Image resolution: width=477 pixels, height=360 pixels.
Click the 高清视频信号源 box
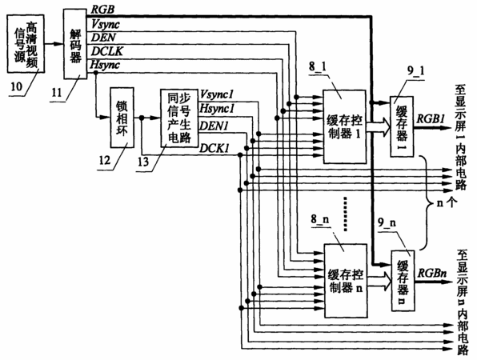[x=26, y=44]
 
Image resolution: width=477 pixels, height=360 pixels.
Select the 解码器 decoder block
[x=75, y=44]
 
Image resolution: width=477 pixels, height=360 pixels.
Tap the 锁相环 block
[x=122, y=118]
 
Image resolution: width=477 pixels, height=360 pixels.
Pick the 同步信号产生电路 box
[x=179, y=118]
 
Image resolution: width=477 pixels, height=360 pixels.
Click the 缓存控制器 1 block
[x=344, y=126]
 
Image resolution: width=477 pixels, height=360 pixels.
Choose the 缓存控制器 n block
[x=346, y=280]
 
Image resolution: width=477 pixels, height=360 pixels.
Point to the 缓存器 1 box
[x=402, y=126]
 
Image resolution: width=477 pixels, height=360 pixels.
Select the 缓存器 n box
[x=403, y=280]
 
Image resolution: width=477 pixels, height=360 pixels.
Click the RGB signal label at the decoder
[x=103, y=10]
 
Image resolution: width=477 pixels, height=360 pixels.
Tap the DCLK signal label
[x=107, y=51]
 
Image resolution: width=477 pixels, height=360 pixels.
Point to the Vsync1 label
[x=217, y=94]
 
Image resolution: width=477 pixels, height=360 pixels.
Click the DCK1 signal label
[x=214, y=148]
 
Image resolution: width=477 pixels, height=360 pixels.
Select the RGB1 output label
[x=430, y=118]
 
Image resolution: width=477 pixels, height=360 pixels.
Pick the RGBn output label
[x=432, y=273]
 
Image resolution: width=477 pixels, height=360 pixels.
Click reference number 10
[x=17, y=86]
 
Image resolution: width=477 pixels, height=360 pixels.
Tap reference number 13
[x=143, y=162]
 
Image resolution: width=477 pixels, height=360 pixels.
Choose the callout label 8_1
[x=317, y=66]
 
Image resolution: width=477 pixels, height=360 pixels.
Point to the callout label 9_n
[x=387, y=222]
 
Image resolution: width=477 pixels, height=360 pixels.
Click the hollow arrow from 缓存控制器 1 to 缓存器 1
[x=378, y=127]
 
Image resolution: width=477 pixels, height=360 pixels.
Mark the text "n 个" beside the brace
[x=447, y=203]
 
